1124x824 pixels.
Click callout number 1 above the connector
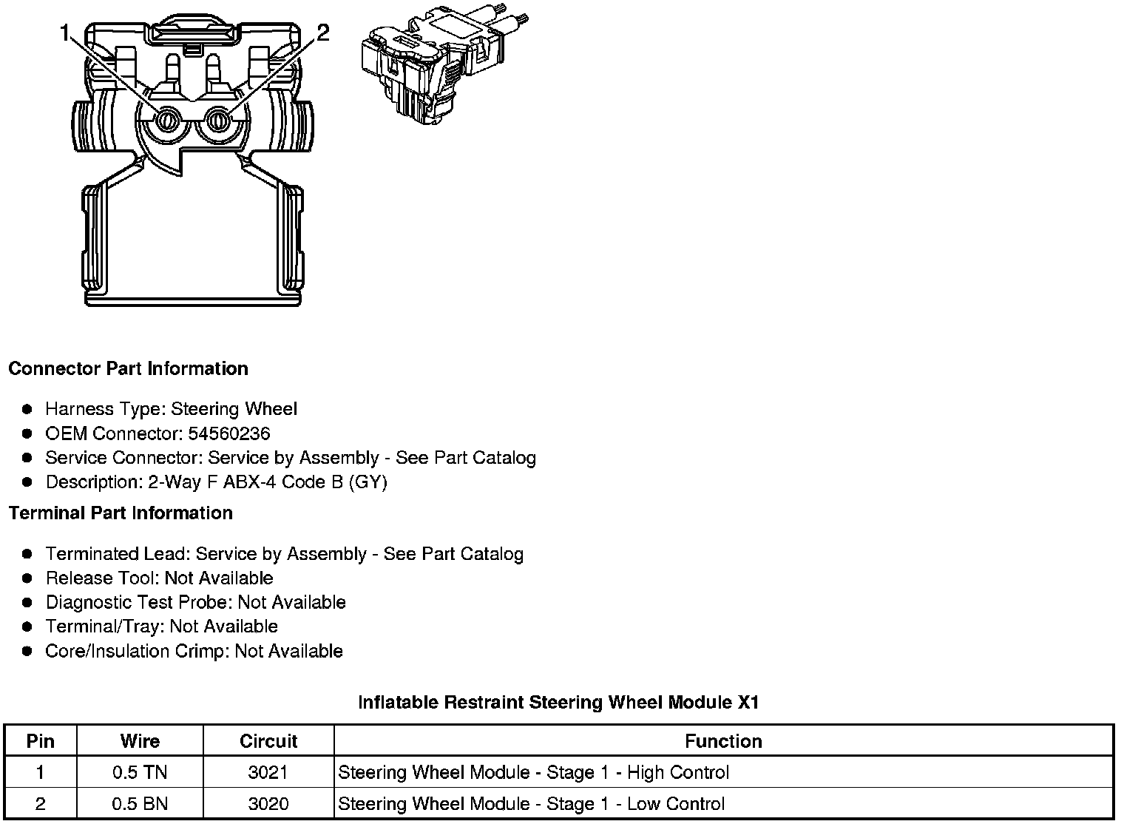(x=66, y=33)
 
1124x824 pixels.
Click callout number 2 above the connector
(x=322, y=33)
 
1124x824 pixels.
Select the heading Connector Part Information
(x=128, y=368)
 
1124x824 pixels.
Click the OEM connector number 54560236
(x=228, y=433)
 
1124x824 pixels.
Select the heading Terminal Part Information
(x=121, y=513)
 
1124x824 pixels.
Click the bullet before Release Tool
(x=27, y=578)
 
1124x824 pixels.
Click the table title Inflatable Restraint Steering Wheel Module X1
(x=558, y=702)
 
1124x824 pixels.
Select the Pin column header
(x=41, y=741)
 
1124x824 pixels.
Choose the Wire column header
(x=140, y=741)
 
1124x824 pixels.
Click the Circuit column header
(x=268, y=741)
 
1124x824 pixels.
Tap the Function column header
(x=723, y=741)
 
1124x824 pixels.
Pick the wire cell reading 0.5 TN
(x=140, y=773)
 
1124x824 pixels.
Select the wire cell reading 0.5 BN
(x=140, y=804)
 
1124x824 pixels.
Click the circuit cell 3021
(x=268, y=773)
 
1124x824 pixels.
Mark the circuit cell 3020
(x=268, y=804)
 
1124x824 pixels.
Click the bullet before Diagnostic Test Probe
(x=27, y=602)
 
